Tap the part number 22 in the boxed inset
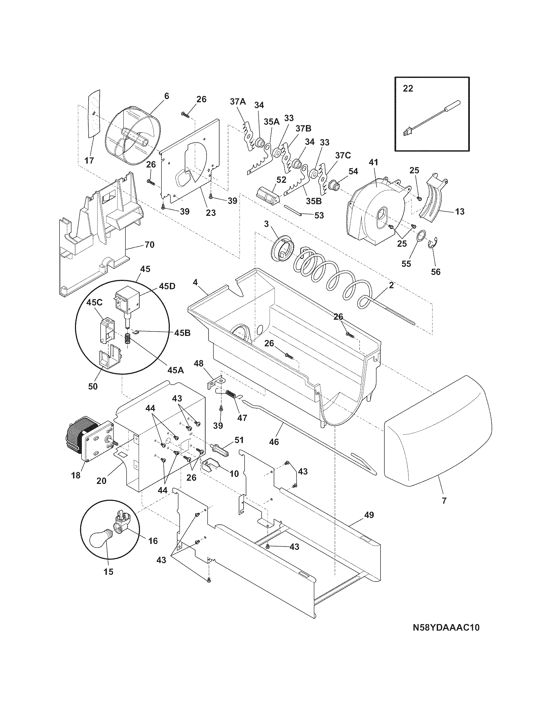[x=408, y=89]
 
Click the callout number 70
[x=149, y=244]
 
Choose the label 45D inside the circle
[x=167, y=286]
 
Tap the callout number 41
[x=373, y=162]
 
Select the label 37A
[x=238, y=102]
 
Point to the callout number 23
[x=211, y=213]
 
